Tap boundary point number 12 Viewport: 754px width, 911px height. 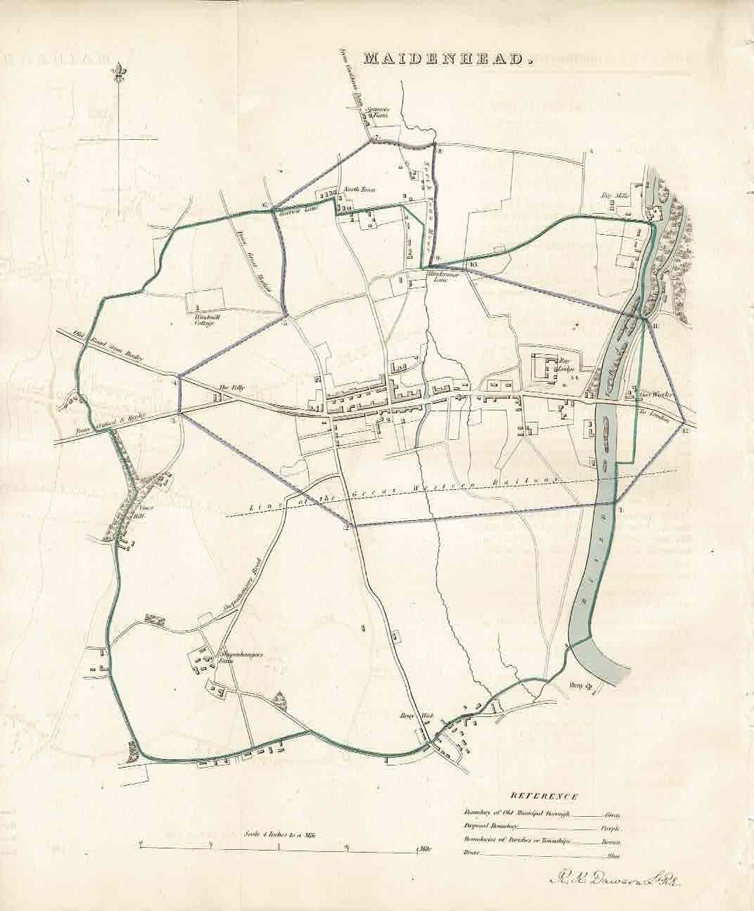coord(684,430)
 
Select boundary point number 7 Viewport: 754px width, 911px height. coord(376,136)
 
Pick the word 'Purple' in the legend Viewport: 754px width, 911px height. coord(611,827)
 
